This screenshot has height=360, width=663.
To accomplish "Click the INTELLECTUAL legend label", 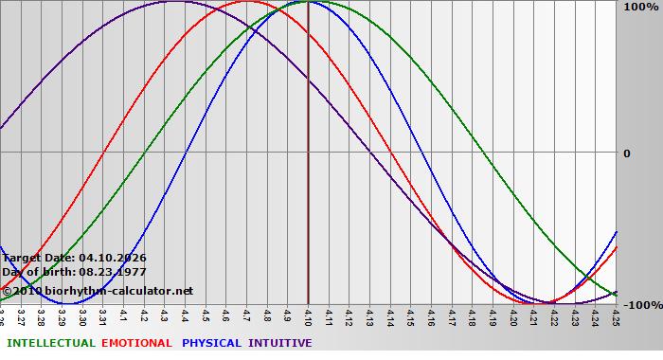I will pyautogui.click(x=50, y=343).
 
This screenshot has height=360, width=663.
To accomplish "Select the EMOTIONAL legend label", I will pyautogui.click(x=136, y=343).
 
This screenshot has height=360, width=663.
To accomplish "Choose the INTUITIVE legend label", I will pyautogui.click(x=280, y=343).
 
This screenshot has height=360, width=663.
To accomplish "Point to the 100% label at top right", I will pyautogui.click(x=639, y=8).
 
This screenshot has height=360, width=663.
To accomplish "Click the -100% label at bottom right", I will pyautogui.click(x=641, y=305).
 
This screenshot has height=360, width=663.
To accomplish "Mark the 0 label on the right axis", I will pyautogui.click(x=626, y=153).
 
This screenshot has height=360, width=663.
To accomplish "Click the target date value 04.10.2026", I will pyautogui.click(x=113, y=258).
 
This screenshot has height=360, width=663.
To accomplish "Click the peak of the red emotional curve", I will pyautogui.click(x=247, y=2).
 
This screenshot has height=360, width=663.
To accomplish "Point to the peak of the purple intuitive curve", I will pyautogui.click(x=175, y=2).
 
